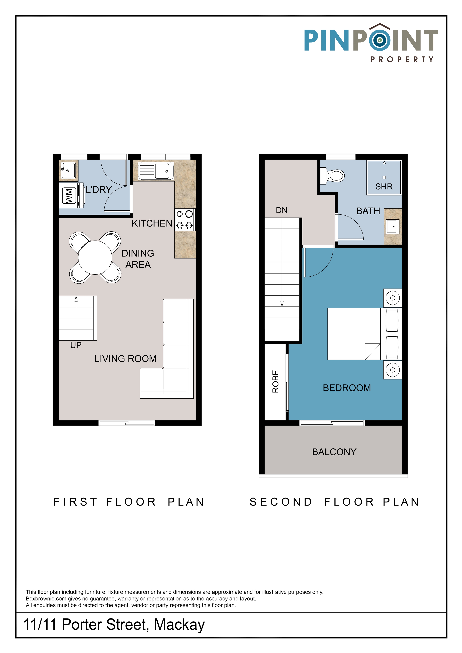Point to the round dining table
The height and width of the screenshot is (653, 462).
95,257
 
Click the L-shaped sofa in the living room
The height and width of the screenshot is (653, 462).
167,348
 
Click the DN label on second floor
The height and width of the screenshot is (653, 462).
282,210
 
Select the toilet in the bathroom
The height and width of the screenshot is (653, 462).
332,176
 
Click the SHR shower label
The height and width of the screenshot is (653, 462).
384,187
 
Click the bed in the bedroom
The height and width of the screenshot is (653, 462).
364,334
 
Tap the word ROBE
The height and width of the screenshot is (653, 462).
275,381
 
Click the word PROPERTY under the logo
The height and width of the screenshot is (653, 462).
402,59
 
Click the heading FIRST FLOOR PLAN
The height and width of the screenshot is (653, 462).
129,502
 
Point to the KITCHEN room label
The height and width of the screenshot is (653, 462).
152,223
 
